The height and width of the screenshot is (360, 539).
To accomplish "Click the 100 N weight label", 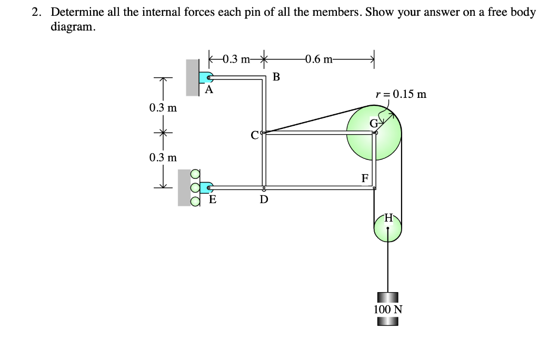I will click(x=388, y=309).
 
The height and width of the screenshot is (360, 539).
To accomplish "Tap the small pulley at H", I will click(x=388, y=228).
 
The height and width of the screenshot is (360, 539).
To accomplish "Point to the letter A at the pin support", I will click(x=209, y=90).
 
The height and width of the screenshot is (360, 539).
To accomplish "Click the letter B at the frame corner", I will click(x=277, y=77).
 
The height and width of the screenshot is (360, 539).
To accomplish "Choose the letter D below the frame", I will click(x=264, y=199).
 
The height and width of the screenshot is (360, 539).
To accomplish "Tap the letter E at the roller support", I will click(x=213, y=199).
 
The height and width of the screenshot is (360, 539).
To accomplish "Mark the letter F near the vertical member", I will click(x=365, y=177).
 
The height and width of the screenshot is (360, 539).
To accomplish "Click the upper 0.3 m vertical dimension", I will click(x=163, y=108).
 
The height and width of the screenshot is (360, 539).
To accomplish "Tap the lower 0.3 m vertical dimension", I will click(x=163, y=157).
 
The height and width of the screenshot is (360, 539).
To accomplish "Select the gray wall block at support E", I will click(x=184, y=187).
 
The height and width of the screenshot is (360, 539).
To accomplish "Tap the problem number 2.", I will click(x=36, y=12).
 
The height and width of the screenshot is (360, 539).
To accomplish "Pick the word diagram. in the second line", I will click(x=73, y=27).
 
